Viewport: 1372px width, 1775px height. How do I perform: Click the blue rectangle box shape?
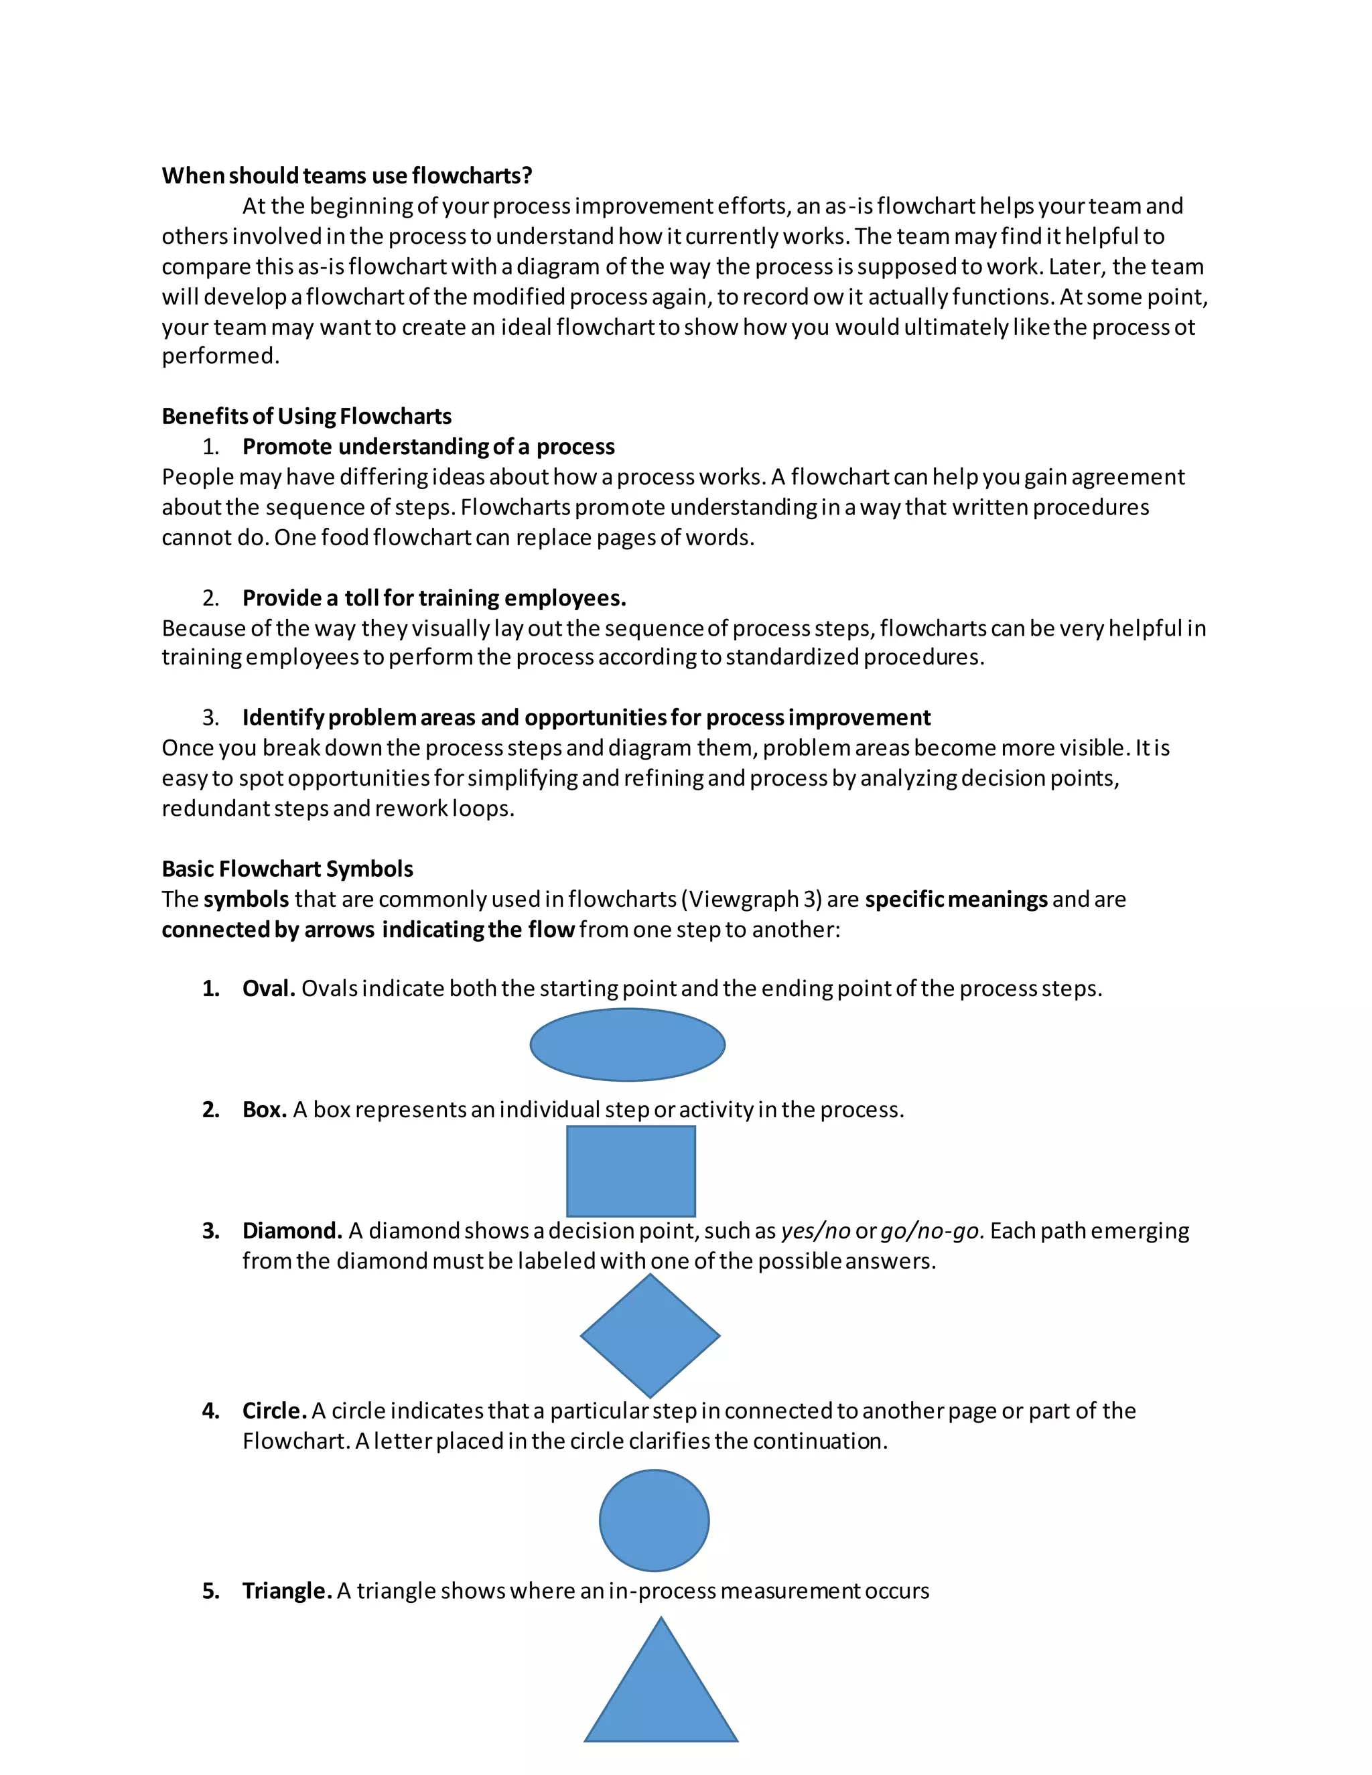pyautogui.click(x=630, y=1170)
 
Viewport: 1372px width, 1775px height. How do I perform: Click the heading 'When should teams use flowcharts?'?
pyautogui.click(x=347, y=175)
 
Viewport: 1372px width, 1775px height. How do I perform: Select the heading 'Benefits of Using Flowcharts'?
pyautogui.click(x=306, y=416)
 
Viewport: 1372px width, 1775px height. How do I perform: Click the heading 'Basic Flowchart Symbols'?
pyautogui.click(x=287, y=869)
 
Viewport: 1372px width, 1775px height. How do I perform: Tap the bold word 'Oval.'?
pyautogui.click(x=268, y=988)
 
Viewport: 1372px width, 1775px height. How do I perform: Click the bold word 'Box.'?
pyautogui.click(x=264, y=1109)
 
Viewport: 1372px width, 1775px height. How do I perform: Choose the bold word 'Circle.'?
pyautogui.click(x=274, y=1410)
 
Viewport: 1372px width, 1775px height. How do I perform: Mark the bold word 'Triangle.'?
pyautogui.click(x=287, y=1591)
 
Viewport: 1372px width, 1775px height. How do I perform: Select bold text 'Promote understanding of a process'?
pyautogui.click(x=428, y=447)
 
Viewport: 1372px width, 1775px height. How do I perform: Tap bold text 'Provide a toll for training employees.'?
pyautogui.click(x=434, y=598)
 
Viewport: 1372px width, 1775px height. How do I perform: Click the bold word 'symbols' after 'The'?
pyautogui.click(x=247, y=900)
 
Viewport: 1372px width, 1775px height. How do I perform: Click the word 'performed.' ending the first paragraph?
pyautogui.click(x=220, y=356)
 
